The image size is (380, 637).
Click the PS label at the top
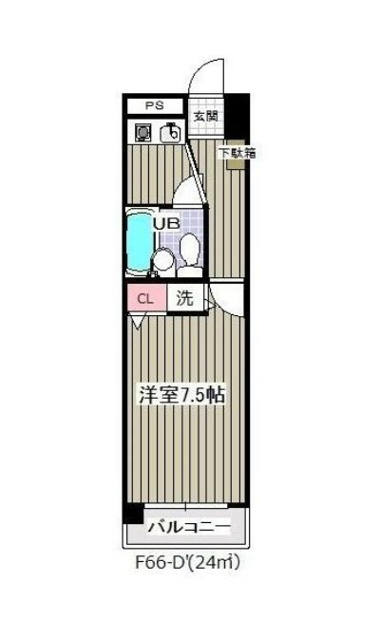coord(153,106)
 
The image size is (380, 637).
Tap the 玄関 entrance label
coord(205,117)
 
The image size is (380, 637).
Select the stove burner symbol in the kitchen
coord(143,134)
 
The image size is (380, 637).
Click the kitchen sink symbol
coord(171,134)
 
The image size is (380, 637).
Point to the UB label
coord(166,224)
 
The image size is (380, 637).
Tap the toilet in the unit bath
coord(189,251)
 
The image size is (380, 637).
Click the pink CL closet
coord(145,298)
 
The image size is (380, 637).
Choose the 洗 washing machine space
coord(185,297)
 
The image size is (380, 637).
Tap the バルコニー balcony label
coord(188,525)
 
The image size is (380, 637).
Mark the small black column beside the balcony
coord(134,514)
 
